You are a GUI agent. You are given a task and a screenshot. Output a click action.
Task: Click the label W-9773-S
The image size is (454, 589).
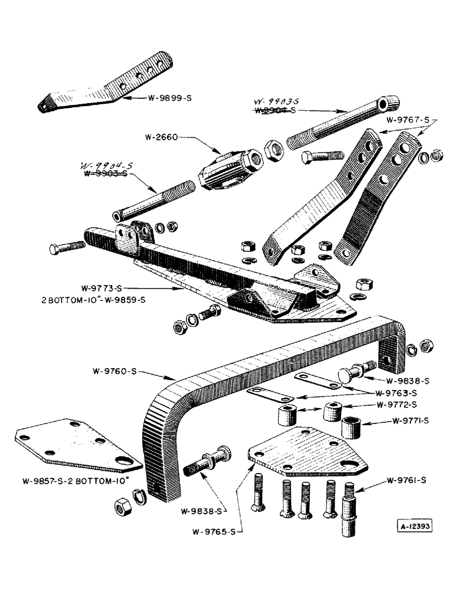coord(102,289)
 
